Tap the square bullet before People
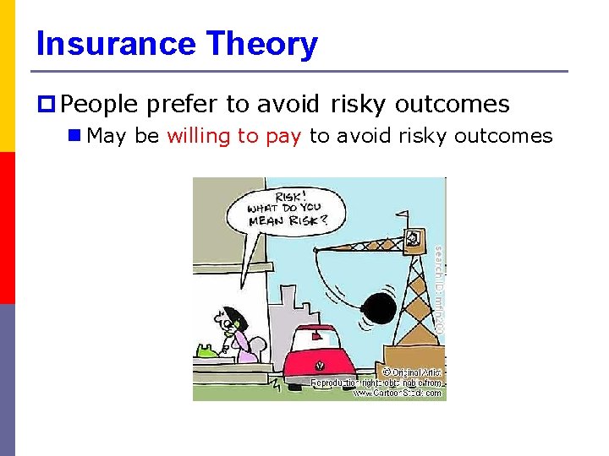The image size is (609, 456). coord(47,105)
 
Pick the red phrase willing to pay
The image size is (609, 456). coord(233,136)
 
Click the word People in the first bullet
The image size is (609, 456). coord(99,105)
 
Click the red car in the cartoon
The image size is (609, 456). coord(319,359)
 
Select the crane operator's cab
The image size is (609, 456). coord(414,239)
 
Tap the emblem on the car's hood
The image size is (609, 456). coord(320,366)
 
